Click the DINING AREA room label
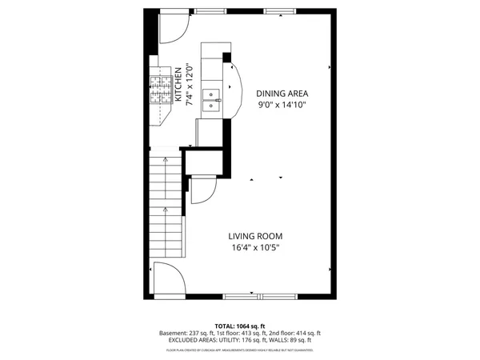coord(282,93)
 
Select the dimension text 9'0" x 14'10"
coord(282,105)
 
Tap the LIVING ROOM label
coord(255,236)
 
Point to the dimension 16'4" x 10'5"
coord(255,248)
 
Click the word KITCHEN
coord(178,84)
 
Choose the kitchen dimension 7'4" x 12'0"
coord(190,85)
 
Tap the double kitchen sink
coord(211,99)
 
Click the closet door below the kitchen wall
coord(202,191)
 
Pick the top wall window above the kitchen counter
coord(210,11)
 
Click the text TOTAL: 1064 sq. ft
coord(239,326)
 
